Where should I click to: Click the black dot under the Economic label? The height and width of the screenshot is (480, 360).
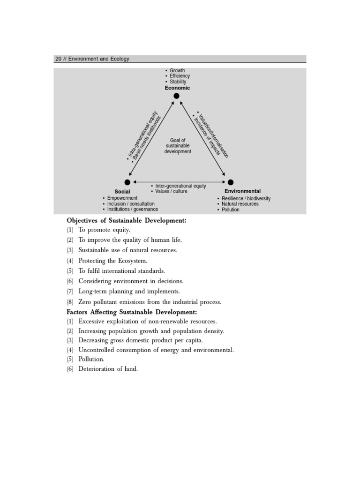click(x=177, y=96)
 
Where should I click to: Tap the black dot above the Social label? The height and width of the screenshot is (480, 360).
click(x=127, y=182)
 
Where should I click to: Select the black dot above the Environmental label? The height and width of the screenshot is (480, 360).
click(x=230, y=182)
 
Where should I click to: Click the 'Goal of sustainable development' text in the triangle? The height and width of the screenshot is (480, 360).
click(x=178, y=146)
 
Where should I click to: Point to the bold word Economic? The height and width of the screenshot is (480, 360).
click(x=177, y=88)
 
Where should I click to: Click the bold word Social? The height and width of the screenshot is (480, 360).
click(x=122, y=192)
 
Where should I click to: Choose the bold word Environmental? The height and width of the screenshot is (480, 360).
click(x=242, y=191)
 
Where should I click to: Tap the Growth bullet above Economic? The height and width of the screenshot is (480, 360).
click(x=177, y=71)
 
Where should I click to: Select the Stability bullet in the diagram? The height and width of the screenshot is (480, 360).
click(x=178, y=82)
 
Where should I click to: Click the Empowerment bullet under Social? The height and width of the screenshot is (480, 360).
click(x=122, y=198)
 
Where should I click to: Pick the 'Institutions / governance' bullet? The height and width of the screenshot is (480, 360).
click(x=132, y=210)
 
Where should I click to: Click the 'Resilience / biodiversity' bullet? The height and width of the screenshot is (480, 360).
click(x=246, y=198)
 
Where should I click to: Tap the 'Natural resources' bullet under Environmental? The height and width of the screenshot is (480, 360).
click(x=240, y=204)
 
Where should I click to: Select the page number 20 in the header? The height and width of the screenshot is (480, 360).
click(x=59, y=59)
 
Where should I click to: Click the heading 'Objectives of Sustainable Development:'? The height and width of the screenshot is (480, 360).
click(x=127, y=220)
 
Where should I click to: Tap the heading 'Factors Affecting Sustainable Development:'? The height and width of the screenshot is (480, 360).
click(x=132, y=312)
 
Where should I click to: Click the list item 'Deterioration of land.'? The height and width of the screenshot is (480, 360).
click(x=108, y=369)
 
